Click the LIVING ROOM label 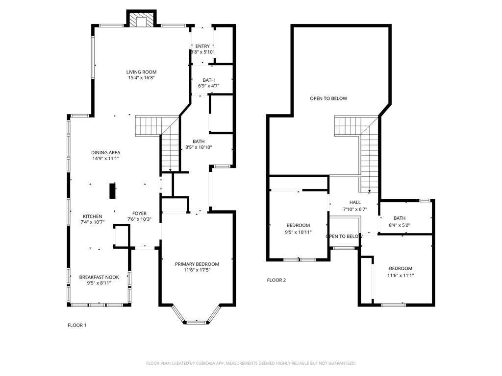coord(141,72)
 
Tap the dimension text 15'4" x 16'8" coord(141,78)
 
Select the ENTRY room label coord(202,47)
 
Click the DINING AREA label coord(106,153)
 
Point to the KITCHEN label coord(93,216)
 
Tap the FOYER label coord(140,213)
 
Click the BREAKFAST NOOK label coord(99,277)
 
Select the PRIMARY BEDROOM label coord(197,264)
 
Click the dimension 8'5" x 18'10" coord(199,147)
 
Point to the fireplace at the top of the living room coord(142,19)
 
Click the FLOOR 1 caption coord(77,325)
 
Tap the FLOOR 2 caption coord(276,280)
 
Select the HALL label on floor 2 coord(355,202)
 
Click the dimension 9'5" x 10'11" coord(298,233)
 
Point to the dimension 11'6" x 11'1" coord(401,275)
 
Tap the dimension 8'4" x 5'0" coord(400,225)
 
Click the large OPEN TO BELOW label coord(328,98)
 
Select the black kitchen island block coord(112,191)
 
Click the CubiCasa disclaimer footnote coord(251,363)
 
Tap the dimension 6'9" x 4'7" coord(209,86)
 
